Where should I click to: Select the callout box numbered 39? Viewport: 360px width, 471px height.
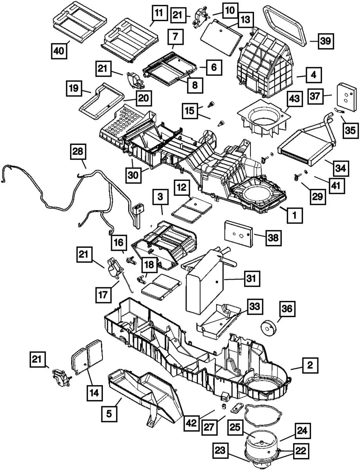(324, 40)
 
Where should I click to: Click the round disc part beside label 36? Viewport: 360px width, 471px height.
(268, 328)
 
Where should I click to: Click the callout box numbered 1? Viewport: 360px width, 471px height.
(295, 214)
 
